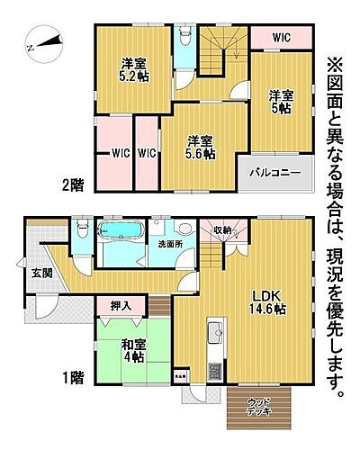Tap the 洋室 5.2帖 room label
[134, 70]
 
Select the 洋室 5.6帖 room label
[201, 147]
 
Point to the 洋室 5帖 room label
[280, 102]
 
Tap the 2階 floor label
[72, 184]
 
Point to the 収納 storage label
[222, 230]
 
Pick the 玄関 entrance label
[42, 274]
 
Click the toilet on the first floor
[82, 232]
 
